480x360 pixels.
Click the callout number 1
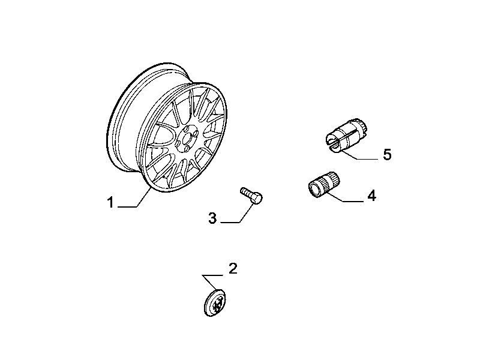(110, 203)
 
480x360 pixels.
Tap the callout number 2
(233, 268)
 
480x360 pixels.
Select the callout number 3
(212, 218)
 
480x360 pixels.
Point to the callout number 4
(371, 196)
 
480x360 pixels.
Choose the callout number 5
(387, 155)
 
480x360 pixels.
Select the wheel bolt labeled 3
(251, 196)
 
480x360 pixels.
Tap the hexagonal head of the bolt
(257, 199)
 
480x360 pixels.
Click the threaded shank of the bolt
(246, 192)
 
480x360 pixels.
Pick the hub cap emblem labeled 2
(215, 302)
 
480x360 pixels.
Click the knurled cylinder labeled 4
(324, 184)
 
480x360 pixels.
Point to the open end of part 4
(314, 188)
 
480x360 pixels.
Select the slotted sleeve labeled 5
(346, 134)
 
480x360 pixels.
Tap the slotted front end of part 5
(332, 142)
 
